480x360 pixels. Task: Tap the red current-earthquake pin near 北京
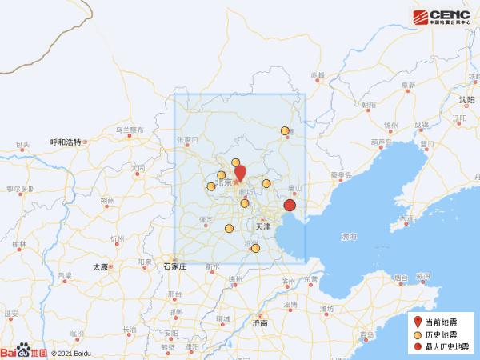pyautogui.click(x=239, y=173)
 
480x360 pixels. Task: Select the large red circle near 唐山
pyautogui.click(x=290, y=206)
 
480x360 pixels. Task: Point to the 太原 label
pyautogui.click(x=100, y=267)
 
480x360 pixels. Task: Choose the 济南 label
pyautogui.click(x=259, y=323)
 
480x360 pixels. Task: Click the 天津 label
pyautogui.click(x=263, y=227)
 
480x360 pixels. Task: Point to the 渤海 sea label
pyautogui.click(x=349, y=238)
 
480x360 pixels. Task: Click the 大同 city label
pyautogui.click(x=138, y=169)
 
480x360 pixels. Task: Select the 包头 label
pyautogui.click(x=22, y=146)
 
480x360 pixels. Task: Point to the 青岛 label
pyautogui.click(x=366, y=334)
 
